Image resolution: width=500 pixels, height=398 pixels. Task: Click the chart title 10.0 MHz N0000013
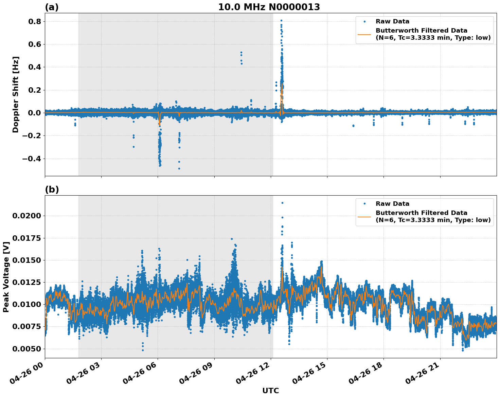(269, 7)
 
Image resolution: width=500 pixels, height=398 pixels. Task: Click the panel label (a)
(52, 7)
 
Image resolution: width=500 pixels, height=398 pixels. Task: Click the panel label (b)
(52, 189)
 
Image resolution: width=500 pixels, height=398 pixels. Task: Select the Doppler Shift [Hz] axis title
(16, 94)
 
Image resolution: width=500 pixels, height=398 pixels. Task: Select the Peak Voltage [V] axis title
(6, 277)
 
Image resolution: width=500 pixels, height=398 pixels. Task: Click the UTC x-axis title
(270, 391)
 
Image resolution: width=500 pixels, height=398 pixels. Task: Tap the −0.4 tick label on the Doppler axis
(31, 159)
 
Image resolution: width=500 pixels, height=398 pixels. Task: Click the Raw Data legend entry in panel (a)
(392, 21)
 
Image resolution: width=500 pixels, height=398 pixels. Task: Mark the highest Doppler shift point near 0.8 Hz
(281, 21)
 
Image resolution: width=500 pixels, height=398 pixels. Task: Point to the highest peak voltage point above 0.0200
(282, 203)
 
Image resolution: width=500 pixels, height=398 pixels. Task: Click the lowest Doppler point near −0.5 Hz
(179, 168)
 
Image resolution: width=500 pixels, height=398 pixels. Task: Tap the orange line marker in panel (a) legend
(364, 34)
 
